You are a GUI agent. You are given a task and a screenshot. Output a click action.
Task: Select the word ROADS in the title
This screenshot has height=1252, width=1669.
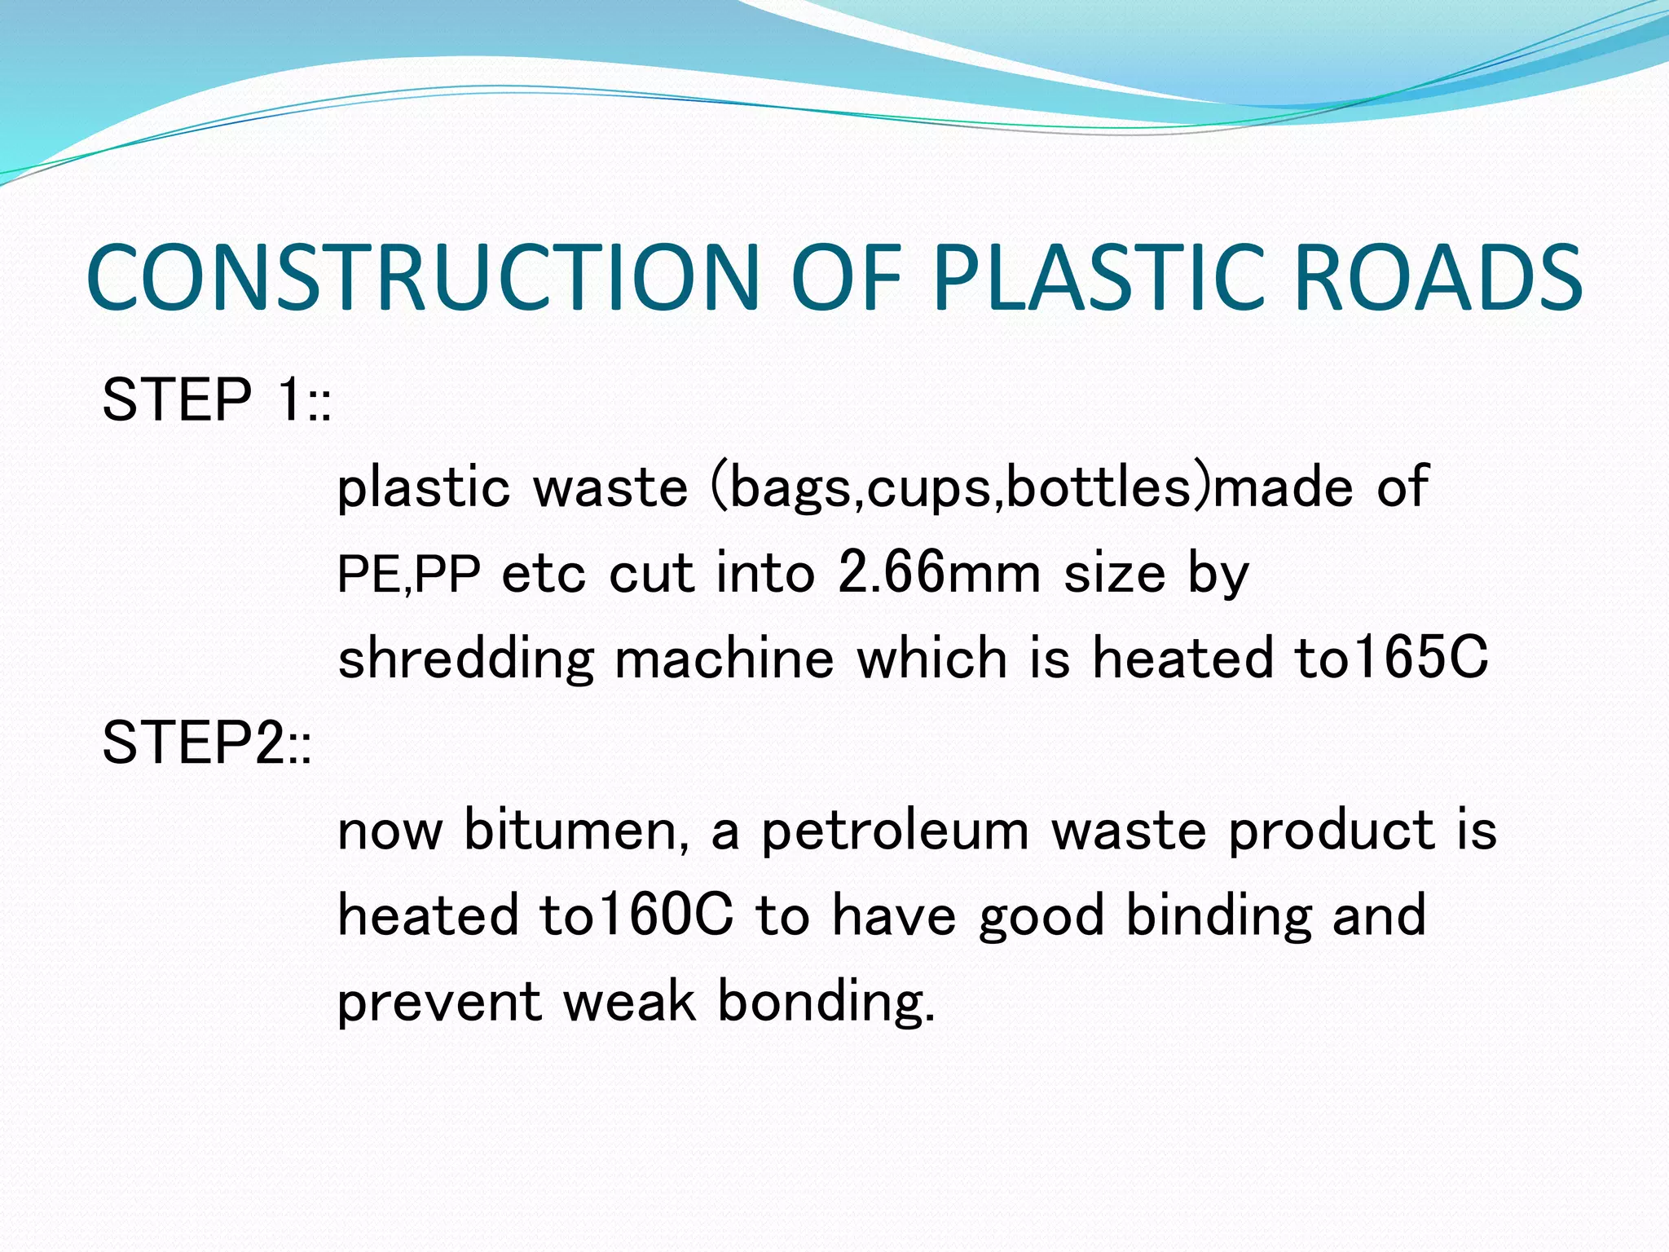tap(1438, 278)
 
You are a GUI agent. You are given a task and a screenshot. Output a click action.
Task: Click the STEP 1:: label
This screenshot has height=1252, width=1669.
tap(217, 400)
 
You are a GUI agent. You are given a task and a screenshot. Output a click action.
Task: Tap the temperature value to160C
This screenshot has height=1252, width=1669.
tap(636, 915)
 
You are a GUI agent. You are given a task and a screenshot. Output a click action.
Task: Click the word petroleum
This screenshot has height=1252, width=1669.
tap(895, 831)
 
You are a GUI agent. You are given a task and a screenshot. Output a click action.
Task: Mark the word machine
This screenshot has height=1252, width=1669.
tap(724, 659)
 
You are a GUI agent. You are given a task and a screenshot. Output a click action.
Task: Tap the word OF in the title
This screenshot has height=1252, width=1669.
tap(846, 278)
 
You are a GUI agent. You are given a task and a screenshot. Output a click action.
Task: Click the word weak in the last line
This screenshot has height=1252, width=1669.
tap(629, 1002)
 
